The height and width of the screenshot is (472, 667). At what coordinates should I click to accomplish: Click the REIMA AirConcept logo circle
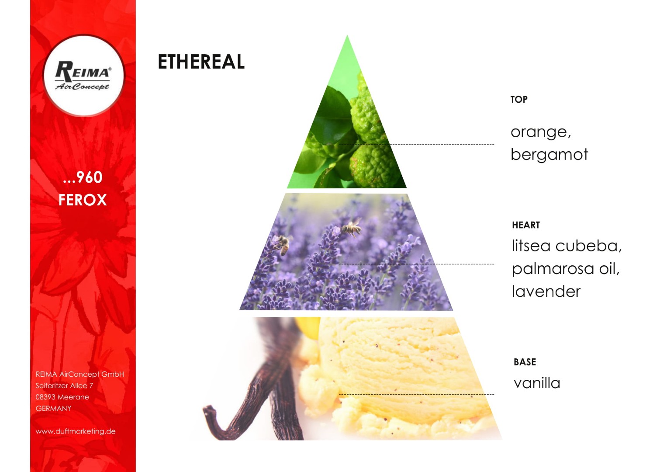coord(84,75)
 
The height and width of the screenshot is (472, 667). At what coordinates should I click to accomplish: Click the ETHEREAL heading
coord(201,62)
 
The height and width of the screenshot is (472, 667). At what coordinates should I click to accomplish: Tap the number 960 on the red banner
coord(90,177)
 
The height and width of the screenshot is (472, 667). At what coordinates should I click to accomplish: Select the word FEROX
coord(83,200)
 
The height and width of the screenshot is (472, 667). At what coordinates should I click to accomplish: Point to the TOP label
coord(519,99)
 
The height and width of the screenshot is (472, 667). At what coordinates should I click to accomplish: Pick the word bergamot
coord(549,154)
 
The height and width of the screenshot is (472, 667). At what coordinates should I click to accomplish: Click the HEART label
coord(526,225)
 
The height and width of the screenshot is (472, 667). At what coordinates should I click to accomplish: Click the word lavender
coord(546,291)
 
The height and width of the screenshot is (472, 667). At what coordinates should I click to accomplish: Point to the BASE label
coord(525,362)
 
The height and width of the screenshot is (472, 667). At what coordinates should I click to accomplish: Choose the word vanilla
coord(537,383)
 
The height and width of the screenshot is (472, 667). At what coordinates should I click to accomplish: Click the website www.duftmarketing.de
coord(76,431)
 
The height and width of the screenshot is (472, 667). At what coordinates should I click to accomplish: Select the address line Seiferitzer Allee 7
coord(64,385)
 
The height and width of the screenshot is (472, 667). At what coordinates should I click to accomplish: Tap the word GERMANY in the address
coord(54,409)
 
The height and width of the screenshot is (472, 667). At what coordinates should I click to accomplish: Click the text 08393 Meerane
coord(62,397)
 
